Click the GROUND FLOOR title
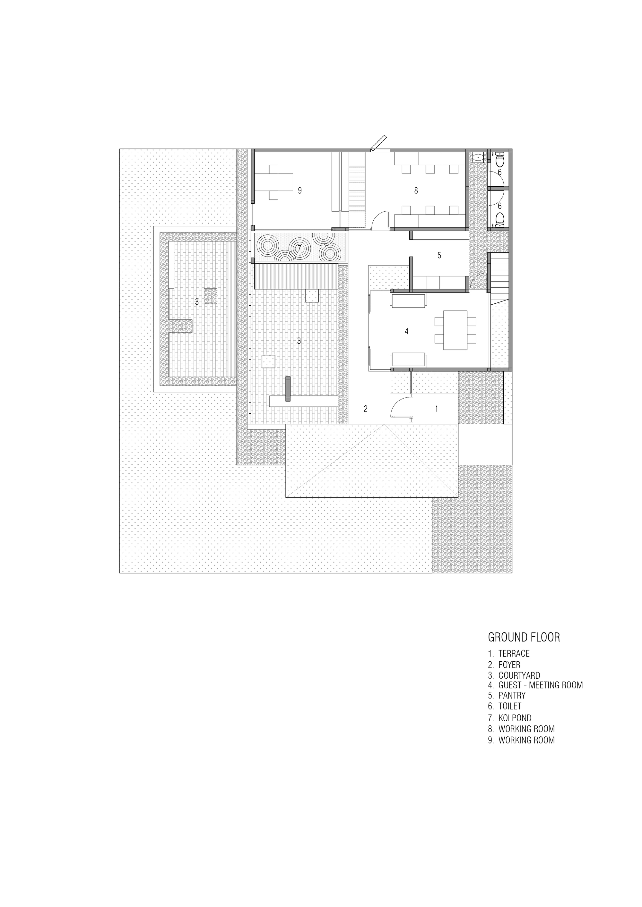524,637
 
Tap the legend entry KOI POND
514,718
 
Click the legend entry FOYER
509,665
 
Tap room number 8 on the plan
416,191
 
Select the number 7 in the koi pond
299,249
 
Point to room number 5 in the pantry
439,256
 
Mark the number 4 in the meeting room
406,331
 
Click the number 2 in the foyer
366,409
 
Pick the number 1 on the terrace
437,409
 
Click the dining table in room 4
455,330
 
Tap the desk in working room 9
273,182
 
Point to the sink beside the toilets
478,157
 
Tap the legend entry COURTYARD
519,675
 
